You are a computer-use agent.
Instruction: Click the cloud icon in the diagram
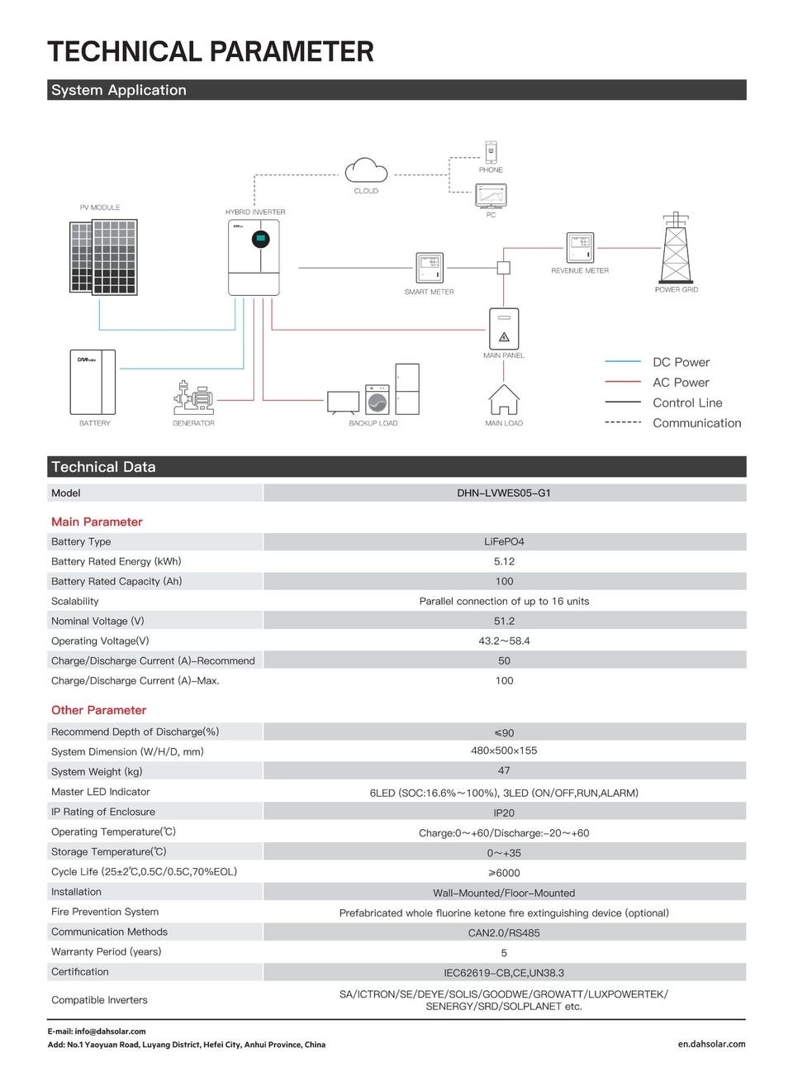366,170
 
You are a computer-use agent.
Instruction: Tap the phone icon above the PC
491,151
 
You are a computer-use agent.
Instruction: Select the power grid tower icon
676,250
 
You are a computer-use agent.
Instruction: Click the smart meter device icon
430,268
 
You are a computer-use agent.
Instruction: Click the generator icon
193,398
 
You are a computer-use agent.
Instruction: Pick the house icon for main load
504,400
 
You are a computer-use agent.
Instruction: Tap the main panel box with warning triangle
504,328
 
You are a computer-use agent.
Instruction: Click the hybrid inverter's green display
261,241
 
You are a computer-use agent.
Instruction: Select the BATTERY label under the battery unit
95,423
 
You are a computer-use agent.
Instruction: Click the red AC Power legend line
623,382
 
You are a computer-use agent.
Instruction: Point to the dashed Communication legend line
623,422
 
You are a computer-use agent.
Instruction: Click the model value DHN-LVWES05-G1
504,493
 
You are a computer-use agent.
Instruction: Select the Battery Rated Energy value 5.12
504,561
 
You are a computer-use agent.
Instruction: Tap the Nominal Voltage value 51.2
504,621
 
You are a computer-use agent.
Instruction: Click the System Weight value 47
504,770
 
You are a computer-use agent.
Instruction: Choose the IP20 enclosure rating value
504,813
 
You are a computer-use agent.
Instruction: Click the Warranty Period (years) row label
107,951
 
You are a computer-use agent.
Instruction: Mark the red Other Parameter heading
98,710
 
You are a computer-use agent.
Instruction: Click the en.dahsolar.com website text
711,1044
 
